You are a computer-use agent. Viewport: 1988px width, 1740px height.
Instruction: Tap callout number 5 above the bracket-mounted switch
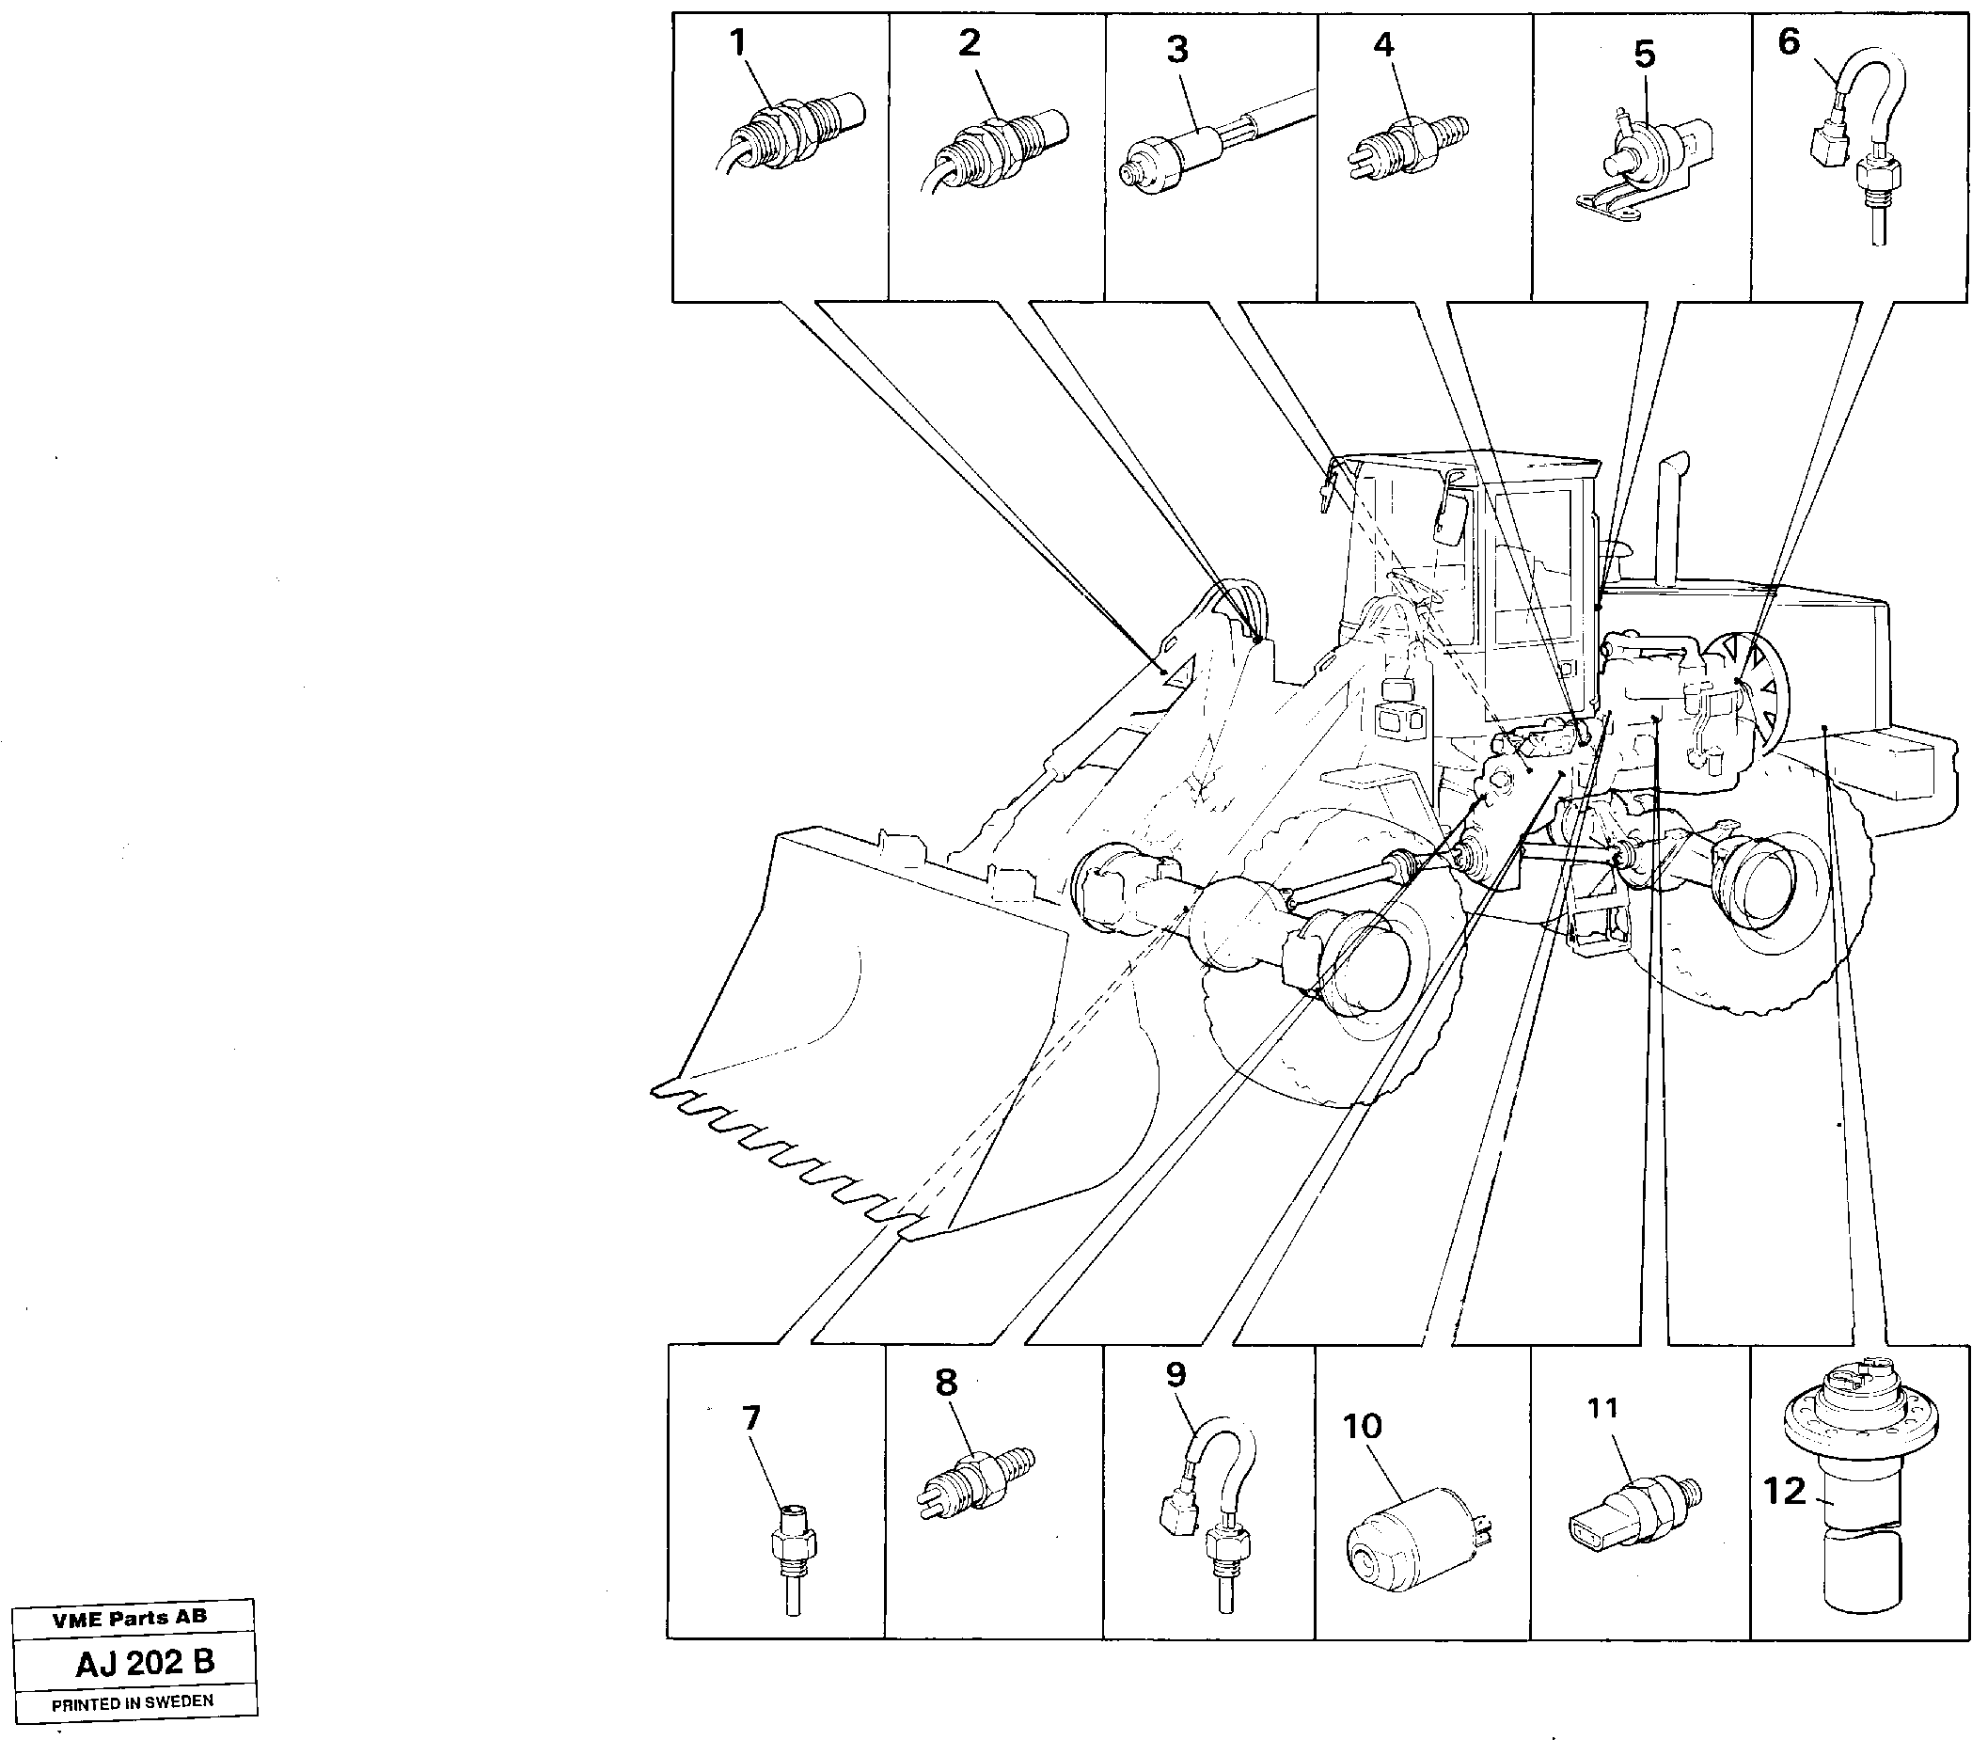pyautogui.click(x=1644, y=55)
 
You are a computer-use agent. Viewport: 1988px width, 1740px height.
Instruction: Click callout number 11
pyautogui.click(x=1602, y=1407)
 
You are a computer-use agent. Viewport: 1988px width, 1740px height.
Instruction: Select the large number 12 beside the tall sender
pyautogui.click(x=1784, y=1490)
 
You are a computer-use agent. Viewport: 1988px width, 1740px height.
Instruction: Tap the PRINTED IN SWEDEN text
pyautogui.click(x=132, y=1702)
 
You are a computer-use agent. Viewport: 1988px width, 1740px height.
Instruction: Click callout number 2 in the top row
pyautogui.click(x=969, y=42)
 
